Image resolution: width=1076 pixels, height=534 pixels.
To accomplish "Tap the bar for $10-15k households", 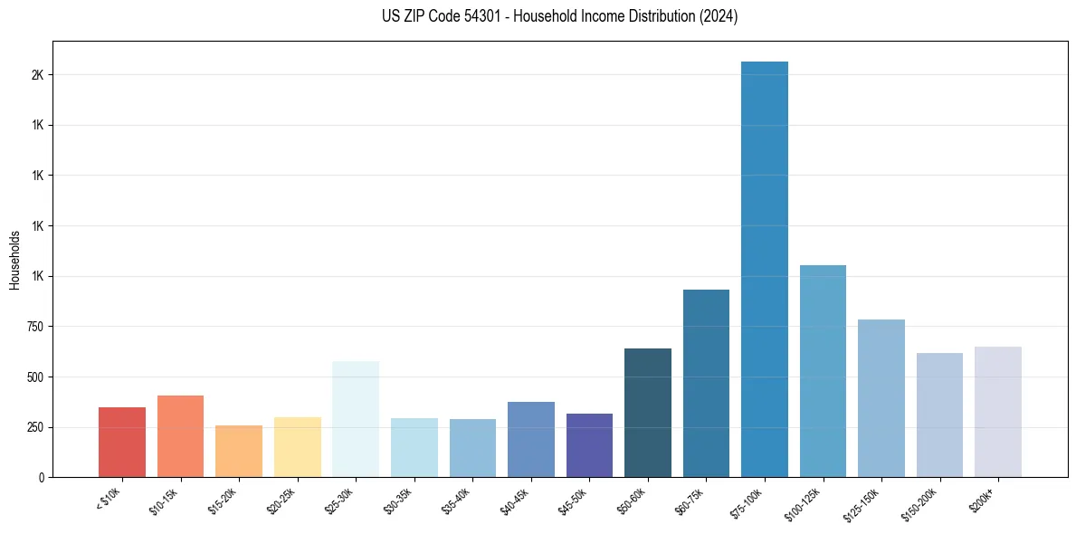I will point(180,436).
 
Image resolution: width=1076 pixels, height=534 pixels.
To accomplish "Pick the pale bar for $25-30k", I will point(356,419).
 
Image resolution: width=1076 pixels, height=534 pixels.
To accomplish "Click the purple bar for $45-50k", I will point(589,445).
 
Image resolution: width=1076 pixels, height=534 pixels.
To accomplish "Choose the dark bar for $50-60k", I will point(648,413).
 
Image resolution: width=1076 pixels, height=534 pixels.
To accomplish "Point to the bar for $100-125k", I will point(823,371).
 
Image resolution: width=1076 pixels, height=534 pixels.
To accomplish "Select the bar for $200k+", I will point(998,412).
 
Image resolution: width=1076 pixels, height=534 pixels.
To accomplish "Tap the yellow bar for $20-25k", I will point(298,447).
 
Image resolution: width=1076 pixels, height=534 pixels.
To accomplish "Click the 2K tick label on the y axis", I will point(37,75).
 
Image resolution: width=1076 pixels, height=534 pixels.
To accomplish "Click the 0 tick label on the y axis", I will point(41,477).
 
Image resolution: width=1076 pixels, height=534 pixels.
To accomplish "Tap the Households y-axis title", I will point(14,260).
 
